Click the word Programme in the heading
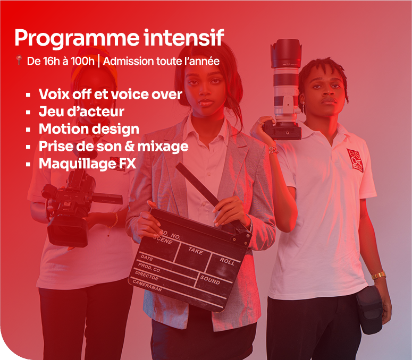click(x=77, y=39)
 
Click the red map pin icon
click(x=19, y=60)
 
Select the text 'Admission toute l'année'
click(x=161, y=61)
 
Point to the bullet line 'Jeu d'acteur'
click(x=81, y=112)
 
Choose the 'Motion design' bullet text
click(x=89, y=129)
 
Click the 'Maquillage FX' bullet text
click(x=88, y=164)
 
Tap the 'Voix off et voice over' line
click(x=111, y=94)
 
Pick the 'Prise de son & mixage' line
click(x=114, y=147)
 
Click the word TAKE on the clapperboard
click(x=196, y=251)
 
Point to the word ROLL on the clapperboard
click(x=227, y=261)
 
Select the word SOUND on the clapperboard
click(x=210, y=280)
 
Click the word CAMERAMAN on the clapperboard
click(x=147, y=285)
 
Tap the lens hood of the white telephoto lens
click(x=286, y=53)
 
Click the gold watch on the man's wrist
click(x=379, y=275)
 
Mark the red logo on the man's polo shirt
click(x=355, y=160)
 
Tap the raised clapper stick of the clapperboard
click(x=197, y=184)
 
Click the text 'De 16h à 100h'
click(x=61, y=61)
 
